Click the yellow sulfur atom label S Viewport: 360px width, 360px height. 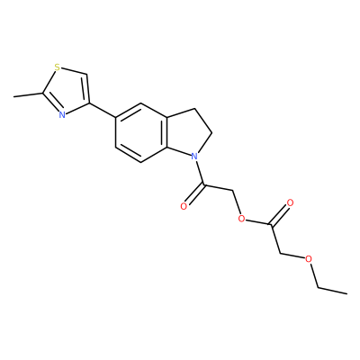point(57,67)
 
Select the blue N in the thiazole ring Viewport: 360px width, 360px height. point(62,114)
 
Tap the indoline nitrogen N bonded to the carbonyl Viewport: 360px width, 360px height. point(194,156)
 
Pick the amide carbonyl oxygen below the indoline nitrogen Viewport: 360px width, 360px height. point(184,206)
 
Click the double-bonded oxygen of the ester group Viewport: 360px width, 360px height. point(290,202)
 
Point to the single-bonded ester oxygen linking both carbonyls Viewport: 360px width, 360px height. point(241,219)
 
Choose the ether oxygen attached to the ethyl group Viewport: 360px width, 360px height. point(309,259)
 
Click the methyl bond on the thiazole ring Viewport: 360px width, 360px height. point(28,94)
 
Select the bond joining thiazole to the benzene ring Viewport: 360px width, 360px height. point(102,111)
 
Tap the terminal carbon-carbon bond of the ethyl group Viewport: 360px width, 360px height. point(332,291)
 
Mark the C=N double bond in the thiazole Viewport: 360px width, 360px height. point(51,103)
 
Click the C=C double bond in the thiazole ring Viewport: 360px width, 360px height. point(86,88)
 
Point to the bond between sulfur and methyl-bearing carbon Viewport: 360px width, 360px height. point(49,81)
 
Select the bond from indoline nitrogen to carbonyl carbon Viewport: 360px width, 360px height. point(200,173)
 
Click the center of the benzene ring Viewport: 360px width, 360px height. point(140,133)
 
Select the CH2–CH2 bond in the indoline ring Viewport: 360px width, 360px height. point(203,121)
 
